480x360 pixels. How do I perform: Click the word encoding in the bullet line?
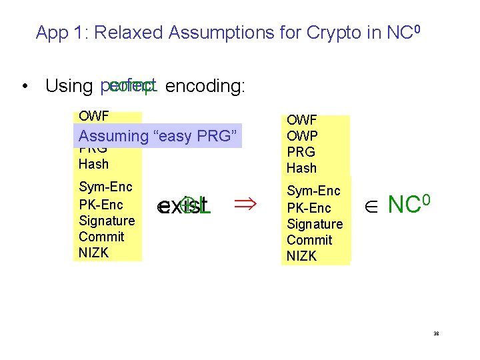coord(205,86)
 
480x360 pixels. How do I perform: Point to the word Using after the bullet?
coord(69,86)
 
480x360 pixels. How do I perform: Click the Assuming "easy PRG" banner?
coord(157,136)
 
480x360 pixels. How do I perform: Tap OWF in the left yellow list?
coord(93,117)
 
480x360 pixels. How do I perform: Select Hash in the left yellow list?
coord(93,164)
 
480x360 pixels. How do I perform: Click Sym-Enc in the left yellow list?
coord(105,187)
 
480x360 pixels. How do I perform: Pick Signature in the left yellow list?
coord(107,221)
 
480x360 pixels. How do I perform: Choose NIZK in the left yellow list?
coord(93,253)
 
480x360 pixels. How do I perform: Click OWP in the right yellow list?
coord(301,136)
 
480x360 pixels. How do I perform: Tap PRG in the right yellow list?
coord(301,152)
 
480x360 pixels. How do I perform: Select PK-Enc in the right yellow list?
coord(309,208)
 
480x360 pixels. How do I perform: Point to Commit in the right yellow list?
coord(309,240)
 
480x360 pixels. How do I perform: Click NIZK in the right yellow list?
coord(301,256)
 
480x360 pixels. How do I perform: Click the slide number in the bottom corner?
coord(435,334)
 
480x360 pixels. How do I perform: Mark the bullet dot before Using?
coord(24,87)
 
